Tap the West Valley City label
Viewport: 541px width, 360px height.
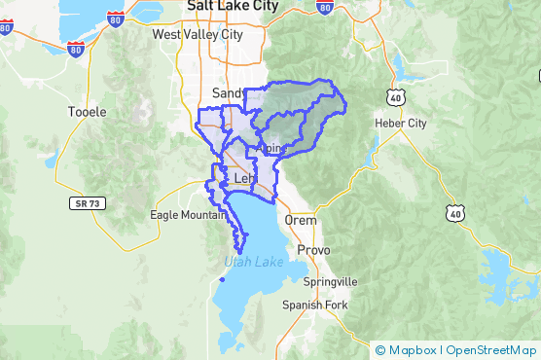coord(198,34)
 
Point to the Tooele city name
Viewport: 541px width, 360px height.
coord(87,112)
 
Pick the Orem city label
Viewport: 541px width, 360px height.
coord(301,220)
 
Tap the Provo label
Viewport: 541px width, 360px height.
coord(314,250)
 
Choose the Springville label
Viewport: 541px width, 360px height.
coord(331,281)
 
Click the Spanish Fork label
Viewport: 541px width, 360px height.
coord(314,306)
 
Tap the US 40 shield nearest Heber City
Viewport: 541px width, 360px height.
coord(394,97)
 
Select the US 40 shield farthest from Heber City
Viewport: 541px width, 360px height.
coord(454,213)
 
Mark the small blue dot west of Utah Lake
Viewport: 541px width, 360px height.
coord(222,280)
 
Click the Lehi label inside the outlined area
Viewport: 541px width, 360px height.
coord(245,180)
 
